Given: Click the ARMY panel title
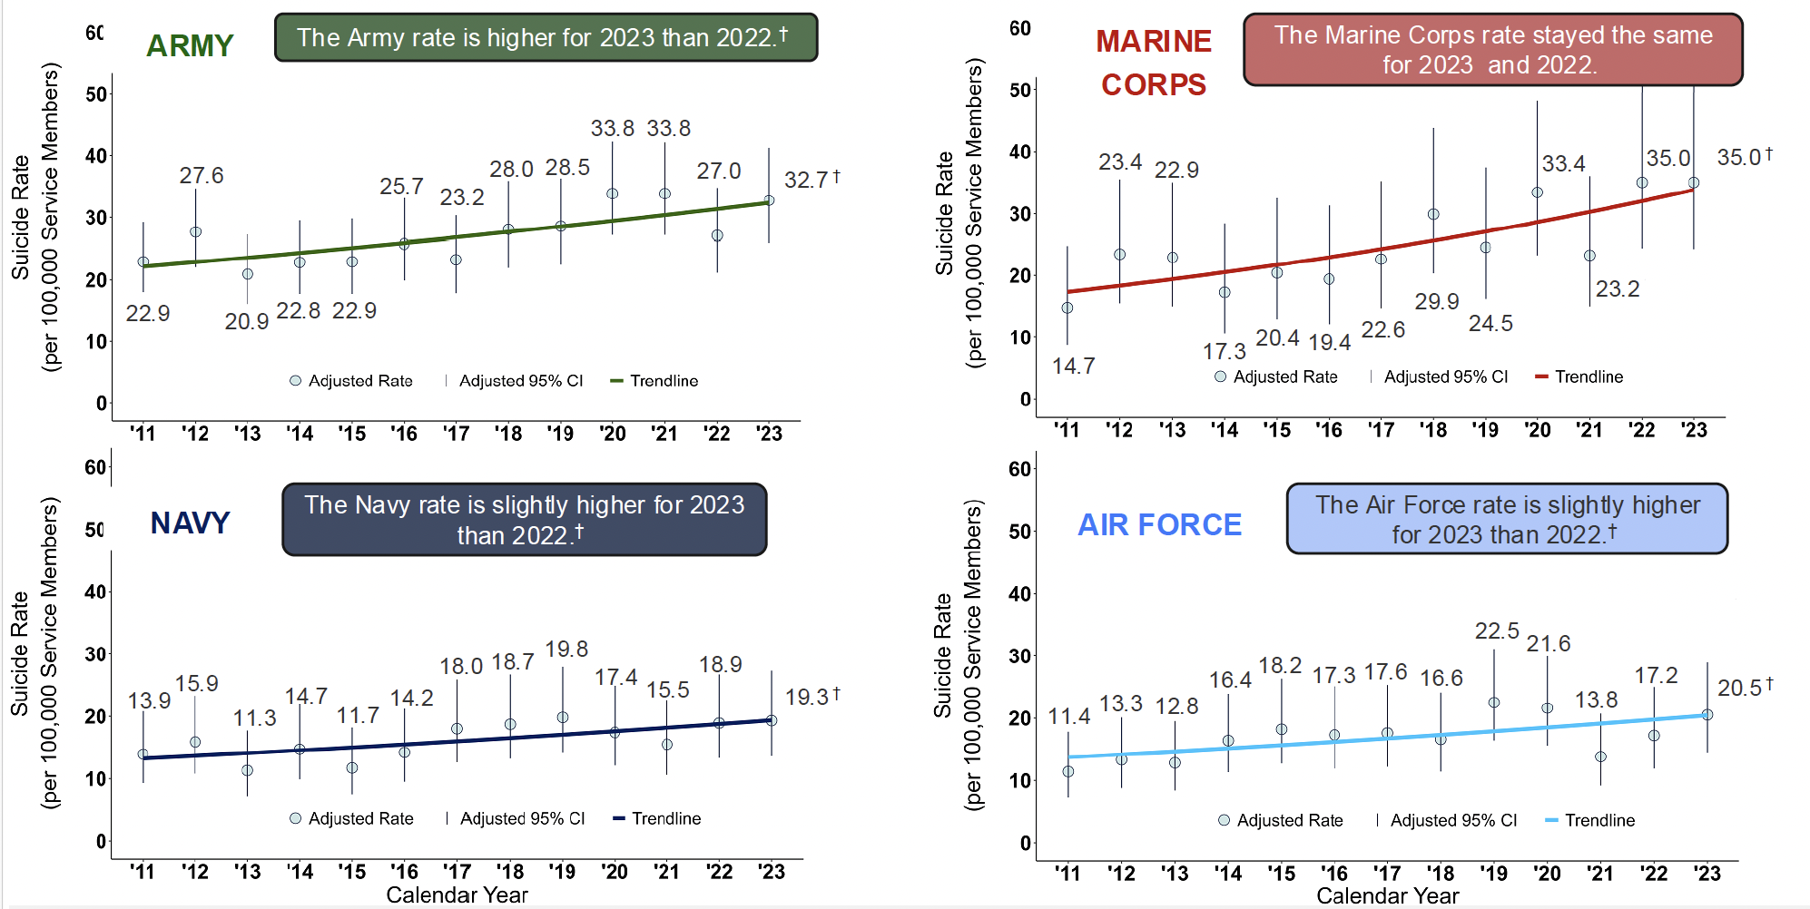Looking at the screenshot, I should click(x=190, y=45).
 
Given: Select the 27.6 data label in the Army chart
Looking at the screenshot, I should click(x=201, y=175).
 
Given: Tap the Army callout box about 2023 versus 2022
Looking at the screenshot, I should click(x=546, y=37).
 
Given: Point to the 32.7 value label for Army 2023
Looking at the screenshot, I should click(x=805, y=180).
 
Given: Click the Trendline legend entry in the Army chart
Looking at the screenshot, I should click(x=654, y=381).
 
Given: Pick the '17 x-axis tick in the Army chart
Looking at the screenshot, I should click(x=456, y=434).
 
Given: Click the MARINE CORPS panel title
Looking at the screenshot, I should click(x=1153, y=63).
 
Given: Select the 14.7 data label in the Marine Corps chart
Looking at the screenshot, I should click(x=1073, y=366).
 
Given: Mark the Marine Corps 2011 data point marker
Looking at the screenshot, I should click(x=1067, y=308).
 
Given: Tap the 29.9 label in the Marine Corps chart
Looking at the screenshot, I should click(x=1436, y=301).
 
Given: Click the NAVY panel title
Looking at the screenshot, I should click(x=190, y=523).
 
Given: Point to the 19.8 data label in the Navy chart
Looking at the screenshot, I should click(x=566, y=649).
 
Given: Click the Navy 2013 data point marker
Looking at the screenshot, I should click(x=247, y=770).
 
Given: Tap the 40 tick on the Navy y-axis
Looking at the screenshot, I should click(x=94, y=591).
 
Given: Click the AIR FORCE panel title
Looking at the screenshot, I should click(x=1159, y=524).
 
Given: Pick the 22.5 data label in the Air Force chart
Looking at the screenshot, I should click(x=1496, y=630).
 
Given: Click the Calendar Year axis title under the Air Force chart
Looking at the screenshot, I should click(x=1387, y=896).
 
